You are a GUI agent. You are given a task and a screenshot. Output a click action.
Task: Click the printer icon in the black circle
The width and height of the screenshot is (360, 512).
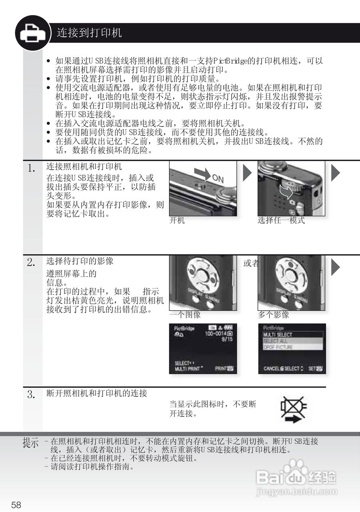point(33,33)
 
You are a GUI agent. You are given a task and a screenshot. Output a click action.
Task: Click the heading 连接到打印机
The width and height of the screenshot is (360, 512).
point(89,33)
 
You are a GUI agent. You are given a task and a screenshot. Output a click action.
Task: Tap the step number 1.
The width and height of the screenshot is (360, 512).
point(31,168)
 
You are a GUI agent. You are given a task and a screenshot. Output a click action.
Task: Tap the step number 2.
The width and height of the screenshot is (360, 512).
point(31,263)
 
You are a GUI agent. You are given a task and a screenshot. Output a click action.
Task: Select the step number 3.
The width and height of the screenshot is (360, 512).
point(31,395)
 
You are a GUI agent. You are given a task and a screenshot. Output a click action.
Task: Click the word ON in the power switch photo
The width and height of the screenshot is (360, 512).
point(218,178)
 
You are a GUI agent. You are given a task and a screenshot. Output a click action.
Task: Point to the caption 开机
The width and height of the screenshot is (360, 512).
point(177,220)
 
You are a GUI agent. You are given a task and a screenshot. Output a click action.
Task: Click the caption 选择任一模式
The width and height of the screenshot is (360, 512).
point(281,220)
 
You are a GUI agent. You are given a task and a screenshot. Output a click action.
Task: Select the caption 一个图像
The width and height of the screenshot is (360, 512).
point(185,315)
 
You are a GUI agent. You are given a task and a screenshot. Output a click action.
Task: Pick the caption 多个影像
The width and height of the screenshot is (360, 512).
point(273,315)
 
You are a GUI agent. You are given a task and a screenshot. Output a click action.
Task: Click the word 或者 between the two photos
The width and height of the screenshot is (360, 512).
point(251,264)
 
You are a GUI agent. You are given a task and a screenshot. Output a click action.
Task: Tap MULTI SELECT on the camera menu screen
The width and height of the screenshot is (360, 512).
point(278,334)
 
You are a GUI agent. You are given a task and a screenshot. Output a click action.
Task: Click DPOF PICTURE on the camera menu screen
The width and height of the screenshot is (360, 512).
point(278,347)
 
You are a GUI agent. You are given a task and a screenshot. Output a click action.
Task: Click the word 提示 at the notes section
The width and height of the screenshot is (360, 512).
point(31,443)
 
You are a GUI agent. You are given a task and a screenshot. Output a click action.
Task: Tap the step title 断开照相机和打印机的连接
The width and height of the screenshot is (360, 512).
point(97,394)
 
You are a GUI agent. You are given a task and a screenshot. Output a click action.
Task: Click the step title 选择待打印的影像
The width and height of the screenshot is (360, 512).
point(80,261)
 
